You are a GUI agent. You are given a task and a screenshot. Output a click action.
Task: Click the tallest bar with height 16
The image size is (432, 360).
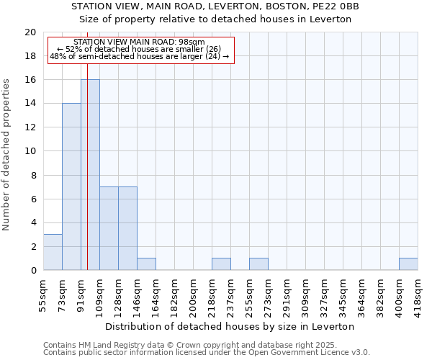[90, 175]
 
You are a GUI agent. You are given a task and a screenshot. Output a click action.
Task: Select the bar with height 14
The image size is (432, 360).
[71, 187]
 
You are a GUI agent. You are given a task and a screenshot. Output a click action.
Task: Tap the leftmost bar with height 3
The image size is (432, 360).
[53, 252]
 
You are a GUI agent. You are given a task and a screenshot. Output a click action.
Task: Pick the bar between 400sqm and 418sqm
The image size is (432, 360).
[408, 264]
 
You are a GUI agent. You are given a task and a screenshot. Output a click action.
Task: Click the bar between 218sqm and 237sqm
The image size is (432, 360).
[221, 264]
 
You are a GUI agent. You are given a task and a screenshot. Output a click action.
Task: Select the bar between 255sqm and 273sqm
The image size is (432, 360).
[258, 264]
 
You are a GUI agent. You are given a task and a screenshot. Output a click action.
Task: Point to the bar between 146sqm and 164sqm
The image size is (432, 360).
[146, 264]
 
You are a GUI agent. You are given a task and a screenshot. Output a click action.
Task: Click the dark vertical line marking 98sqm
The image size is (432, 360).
[87, 166]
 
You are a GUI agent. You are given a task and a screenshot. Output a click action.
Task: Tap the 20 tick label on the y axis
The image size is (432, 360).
[30, 32]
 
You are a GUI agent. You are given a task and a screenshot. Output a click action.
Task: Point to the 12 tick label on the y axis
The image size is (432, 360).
[30, 127]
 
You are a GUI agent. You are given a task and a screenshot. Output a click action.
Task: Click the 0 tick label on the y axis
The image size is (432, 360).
[32, 271]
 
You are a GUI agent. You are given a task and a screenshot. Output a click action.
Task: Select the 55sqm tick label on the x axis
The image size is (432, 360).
[43, 294]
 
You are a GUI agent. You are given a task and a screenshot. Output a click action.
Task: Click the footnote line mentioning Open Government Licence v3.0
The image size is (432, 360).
[207, 353]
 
